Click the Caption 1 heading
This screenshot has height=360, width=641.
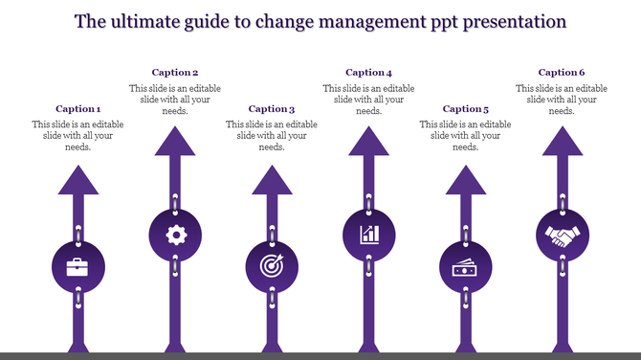click(77, 109)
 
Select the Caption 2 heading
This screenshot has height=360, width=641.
click(175, 73)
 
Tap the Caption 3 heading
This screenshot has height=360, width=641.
click(272, 109)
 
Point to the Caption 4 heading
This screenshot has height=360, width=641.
click(368, 73)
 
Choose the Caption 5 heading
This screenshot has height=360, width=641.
click(465, 109)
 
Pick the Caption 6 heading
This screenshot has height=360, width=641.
click(562, 73)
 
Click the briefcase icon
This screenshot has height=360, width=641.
click(77, 266)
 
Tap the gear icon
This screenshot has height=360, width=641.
click(175, 235)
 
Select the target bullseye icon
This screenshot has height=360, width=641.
click(272, 266)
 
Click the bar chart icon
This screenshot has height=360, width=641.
click(368, 235)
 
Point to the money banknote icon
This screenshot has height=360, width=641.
click(465, 267)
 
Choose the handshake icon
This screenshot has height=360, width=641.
click(562, 235)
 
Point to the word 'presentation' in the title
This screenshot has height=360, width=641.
click(516, 20)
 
